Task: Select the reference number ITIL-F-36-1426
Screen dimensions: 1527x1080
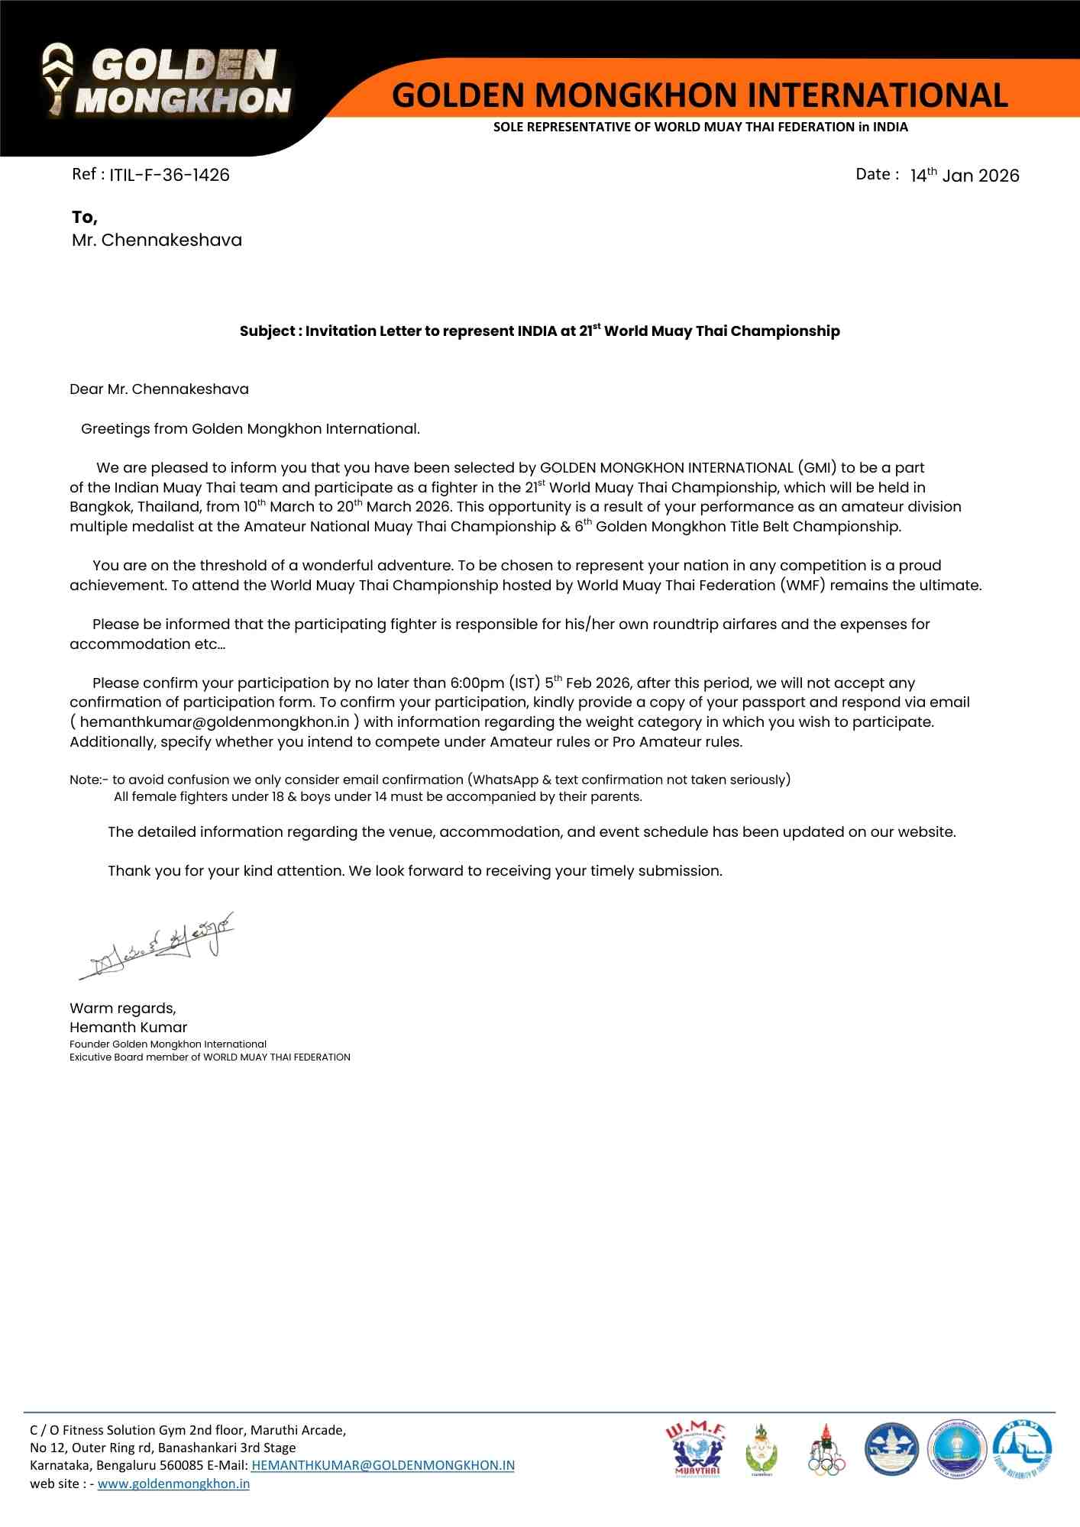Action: point(169,175)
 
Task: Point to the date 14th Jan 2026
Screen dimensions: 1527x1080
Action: point(964,176)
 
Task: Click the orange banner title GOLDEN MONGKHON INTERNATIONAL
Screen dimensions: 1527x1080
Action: point(700,95)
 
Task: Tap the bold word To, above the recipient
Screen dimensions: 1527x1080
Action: point(85,218)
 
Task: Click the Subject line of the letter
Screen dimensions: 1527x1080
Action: point(539,331)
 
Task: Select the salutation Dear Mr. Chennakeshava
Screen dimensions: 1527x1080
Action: point(159,389)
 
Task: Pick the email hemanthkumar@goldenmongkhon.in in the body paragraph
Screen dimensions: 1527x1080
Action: point(215,722)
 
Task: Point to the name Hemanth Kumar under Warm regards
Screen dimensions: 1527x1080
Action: point(128,1028)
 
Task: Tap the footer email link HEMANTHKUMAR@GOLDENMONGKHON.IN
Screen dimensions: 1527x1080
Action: point(383,1465)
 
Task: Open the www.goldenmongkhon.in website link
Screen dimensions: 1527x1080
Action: point(173,1483)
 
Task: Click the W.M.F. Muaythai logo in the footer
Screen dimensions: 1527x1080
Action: point(696,1448)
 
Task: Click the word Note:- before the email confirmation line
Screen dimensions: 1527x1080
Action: point(89,780)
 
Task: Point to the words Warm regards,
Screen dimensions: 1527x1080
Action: point(123,1008)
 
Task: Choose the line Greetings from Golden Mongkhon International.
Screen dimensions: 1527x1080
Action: point(251,429)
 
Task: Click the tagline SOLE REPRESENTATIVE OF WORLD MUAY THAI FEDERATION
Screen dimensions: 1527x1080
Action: point(700,127)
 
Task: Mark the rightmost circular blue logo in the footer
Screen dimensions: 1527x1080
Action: point(1022,1449)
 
